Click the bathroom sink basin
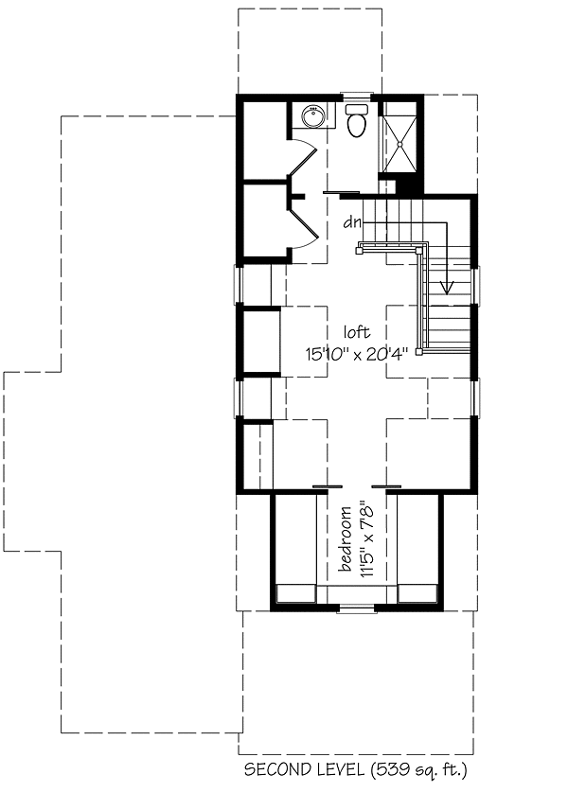[x=312, y=116]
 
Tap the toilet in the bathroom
[x=357, y=120]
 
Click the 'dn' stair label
[x=352, y=222]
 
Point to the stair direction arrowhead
[x=447, y=288]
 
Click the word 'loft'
[x=357, y=332]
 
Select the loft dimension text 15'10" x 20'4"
[x=357, y=354]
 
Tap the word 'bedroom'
[x=346, y=538]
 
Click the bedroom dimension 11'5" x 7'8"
[x=367, y=538]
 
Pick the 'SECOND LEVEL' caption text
[x=304, y=769]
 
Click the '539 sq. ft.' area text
[x=419, y=770]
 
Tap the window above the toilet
[x=357, y=94]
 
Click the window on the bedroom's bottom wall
[x=357, y=610]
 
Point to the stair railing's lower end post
[x=419, y=351]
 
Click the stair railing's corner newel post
[x=419, y=250]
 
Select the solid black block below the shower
[x=409, y=185]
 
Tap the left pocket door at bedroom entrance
[x=328, y=486]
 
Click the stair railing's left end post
[x=359, y=250]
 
